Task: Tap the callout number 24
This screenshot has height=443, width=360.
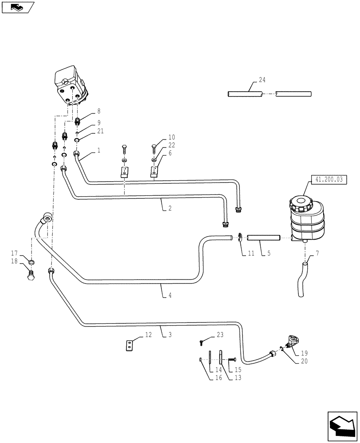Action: [x=262, y=80]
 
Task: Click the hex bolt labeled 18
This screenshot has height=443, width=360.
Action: [x=31, y=275]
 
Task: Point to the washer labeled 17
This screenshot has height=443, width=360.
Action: [x=31, y=263]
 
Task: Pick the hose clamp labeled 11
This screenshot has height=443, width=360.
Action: [x=240, y=238]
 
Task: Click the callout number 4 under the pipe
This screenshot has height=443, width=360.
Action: [x=170, y=295]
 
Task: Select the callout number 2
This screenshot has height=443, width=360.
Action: [x=170, y=208]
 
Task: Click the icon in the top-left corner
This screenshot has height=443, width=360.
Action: [x=18, y=7]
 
